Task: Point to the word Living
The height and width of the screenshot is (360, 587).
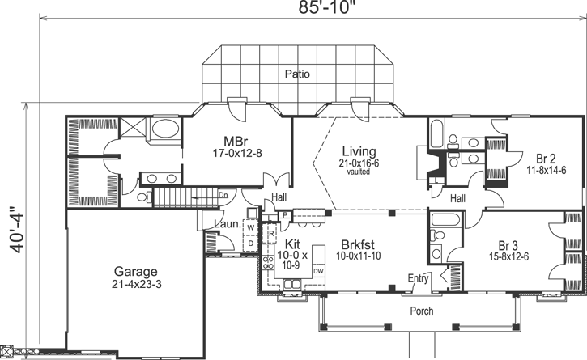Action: pyautogui.click(x=359, y=151)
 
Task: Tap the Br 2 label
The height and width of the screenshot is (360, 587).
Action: pyautogui.click(x=535, y=158)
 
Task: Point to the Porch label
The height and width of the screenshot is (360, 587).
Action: pyautogui.click(x=421, y=311)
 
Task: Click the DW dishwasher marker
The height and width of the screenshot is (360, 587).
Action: pyautogui.click(x=318, y=271)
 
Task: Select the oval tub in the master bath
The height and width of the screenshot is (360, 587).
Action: pyautogui.click(x=167, y=130)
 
